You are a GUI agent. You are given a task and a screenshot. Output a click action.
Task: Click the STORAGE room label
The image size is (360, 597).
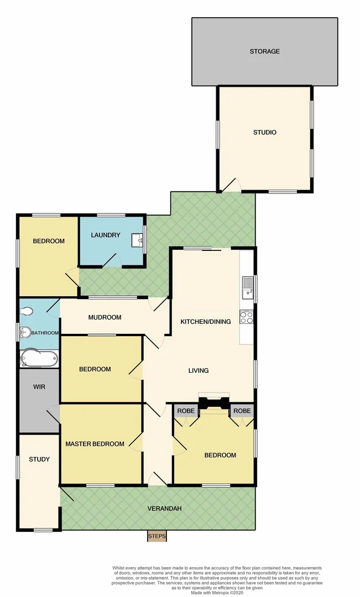tap(264, 51)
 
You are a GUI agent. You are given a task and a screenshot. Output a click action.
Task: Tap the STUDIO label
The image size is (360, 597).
tap(264, 133)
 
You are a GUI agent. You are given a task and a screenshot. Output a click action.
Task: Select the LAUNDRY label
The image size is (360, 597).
tap(106, 235)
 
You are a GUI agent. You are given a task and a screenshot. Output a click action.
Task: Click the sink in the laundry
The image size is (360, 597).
tap(138, 240)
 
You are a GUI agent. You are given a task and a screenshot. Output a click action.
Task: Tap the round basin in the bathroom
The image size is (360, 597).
tap(25, 332)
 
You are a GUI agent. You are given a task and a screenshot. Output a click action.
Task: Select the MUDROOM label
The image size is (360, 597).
tap(105, 317)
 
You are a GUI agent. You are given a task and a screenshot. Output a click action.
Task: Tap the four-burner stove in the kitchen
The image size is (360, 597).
tap(246, 317)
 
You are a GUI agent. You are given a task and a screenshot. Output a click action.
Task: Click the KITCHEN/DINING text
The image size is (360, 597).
tap(206, 322)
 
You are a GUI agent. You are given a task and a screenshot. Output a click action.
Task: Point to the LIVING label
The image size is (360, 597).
tap(198, 370)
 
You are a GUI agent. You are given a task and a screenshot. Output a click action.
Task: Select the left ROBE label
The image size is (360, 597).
tap(186, 411)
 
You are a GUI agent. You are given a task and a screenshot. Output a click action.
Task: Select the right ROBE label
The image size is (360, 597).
tap(242, 411)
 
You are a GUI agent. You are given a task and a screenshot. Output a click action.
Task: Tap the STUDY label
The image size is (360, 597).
tap(39, 459)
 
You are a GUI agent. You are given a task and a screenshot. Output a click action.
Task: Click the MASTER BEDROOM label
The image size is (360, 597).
tap(95, 444)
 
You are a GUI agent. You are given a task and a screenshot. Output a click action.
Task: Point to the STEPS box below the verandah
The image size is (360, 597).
tap(157, 536)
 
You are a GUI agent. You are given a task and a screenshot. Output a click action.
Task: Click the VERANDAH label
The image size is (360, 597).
tap(164, 509)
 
